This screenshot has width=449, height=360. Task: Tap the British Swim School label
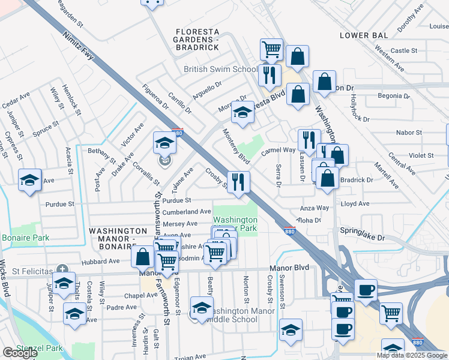[220, 70]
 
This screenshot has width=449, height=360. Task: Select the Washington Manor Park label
[235, 224]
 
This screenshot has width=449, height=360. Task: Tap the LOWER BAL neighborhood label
[362, 35]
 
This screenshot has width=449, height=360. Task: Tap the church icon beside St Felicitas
[61, 269]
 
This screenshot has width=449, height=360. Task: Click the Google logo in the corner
[20, 353]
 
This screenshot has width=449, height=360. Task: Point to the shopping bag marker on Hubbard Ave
[143, 257]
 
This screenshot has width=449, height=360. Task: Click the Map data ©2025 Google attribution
[412, 355]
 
